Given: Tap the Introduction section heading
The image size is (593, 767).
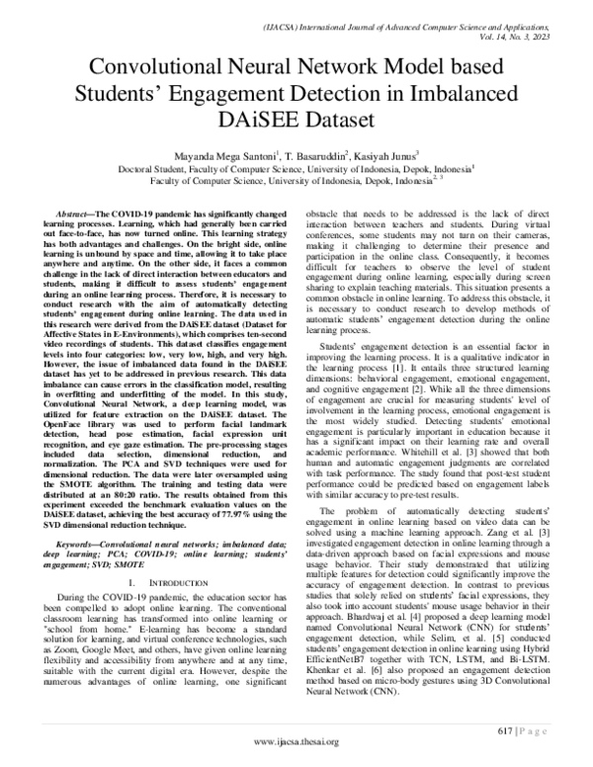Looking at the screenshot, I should coord(163,583).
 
